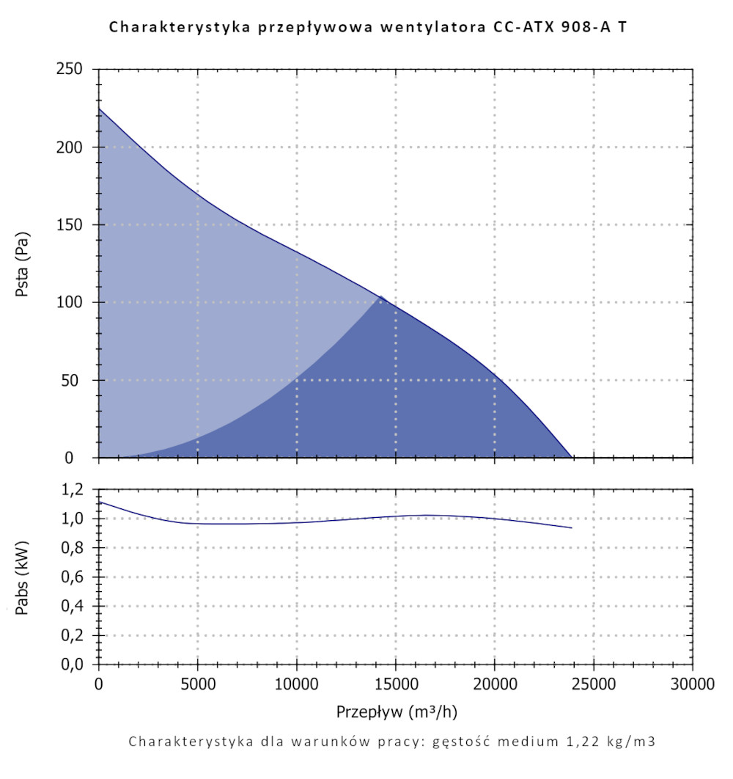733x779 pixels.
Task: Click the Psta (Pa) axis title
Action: [23, 264]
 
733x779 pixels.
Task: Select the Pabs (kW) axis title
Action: [23, 578]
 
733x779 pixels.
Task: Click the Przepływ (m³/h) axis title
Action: [397, 712]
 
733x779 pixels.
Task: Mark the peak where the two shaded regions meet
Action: [380, 296]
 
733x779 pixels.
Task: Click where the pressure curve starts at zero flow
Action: [99, 109]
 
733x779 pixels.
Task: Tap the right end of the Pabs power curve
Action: [571, 527]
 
